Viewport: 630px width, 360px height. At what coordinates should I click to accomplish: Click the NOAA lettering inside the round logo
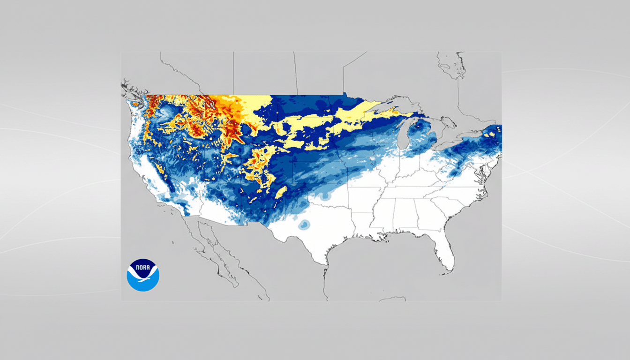coord(143,267)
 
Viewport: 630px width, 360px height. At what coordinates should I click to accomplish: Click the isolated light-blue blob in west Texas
coord(304,225)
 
